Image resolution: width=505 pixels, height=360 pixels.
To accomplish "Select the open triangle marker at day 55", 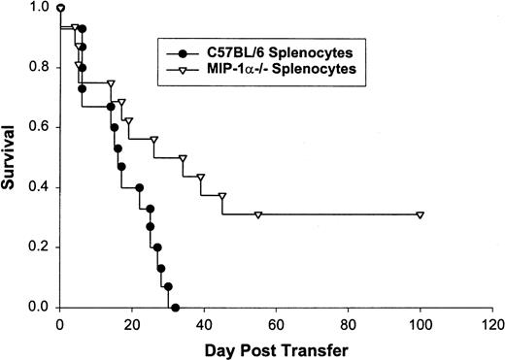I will pyautogui.click(x=258, y=214).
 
